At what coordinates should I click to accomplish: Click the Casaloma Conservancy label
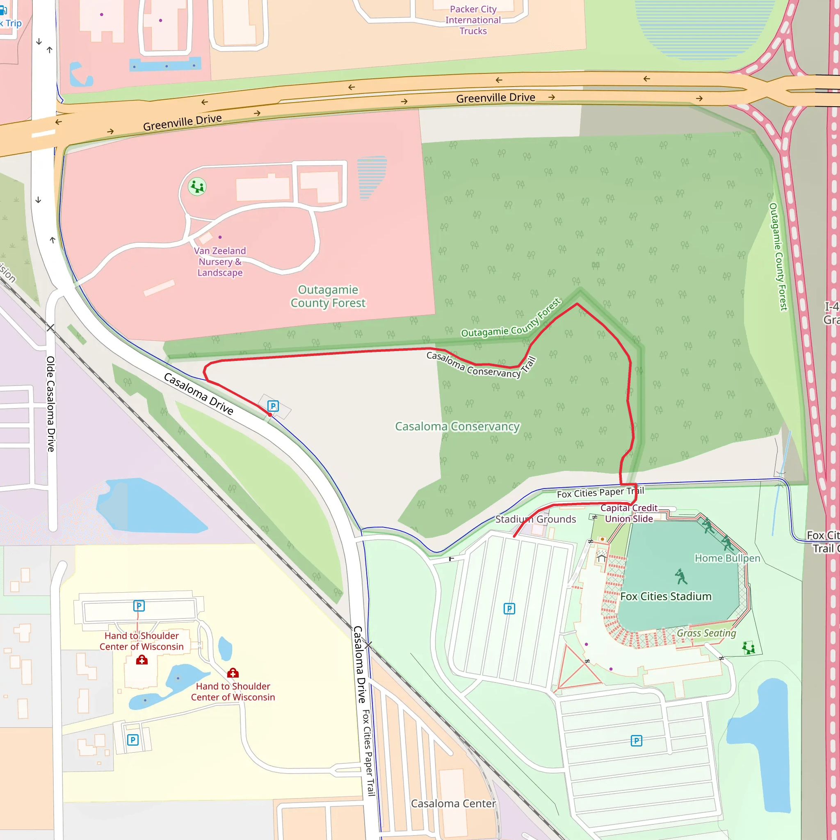pyautogui.click(x=457, y=427)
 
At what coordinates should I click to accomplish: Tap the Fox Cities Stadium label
pyautogui.click(x=666, y=596)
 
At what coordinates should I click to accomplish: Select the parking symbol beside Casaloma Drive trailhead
pyautogui.click(x=273, y=406)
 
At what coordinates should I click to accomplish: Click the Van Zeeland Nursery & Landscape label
pyautogui.click(x=220, y=262)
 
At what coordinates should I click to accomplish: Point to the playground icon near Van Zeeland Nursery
pyautogui.click(x=197, y=187)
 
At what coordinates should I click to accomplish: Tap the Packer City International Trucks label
pyautogui.click(x=473, y=20)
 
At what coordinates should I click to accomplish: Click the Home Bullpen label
pyautogui.click(x=727, y=558)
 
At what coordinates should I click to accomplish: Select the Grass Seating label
pyautogui.click(x=706, y=633)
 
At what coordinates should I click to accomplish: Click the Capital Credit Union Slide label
pyautogui.click(x=629, y=514)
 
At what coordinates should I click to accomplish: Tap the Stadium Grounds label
pyautogui.click(x=536, y=519)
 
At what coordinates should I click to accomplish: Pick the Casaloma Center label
pyautogui.click(x=454, y=803)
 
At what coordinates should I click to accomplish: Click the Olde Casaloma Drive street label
pyautogui.click(x=51, y=404)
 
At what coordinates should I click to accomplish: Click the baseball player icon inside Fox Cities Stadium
pyautogui.click(x=681, y=577)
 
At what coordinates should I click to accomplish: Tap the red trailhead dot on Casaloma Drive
pyautogui.click(x=270, y=415)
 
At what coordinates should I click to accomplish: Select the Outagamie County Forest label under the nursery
pyautogui.click(x=328, y=296)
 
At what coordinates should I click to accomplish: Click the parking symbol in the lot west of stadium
pyautogui.click(x=509, y=609)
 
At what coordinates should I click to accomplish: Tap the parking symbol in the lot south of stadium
pyautogui.click(x=636, y=741)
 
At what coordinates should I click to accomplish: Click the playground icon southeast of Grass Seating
pyautogui.click(x=748, y=648)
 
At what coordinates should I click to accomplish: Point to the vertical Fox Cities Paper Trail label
pyautogui.click(x=369, y=753)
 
